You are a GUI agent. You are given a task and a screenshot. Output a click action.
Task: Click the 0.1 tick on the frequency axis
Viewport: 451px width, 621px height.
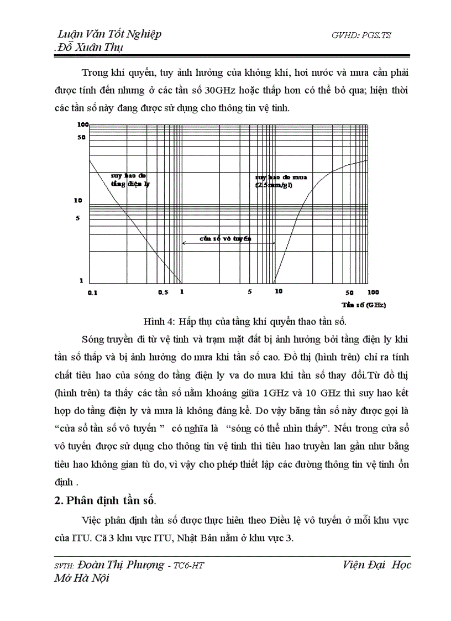tap(92, 293)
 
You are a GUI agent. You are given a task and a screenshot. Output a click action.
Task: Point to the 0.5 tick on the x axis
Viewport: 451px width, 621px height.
tap(163, 293)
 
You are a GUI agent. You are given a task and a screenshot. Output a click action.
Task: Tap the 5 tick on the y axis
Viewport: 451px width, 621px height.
tap(78, 218)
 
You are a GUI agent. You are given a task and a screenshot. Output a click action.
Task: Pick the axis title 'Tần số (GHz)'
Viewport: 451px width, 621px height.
tap(363, 305)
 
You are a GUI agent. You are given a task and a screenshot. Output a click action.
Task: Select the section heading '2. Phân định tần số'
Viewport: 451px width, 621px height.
tap(106, 501)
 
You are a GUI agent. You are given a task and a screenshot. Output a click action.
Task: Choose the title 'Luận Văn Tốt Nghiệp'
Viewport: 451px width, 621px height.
tap(109, 34)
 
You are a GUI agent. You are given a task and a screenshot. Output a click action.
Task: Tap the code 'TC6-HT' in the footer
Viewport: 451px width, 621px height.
tap(191, 566)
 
